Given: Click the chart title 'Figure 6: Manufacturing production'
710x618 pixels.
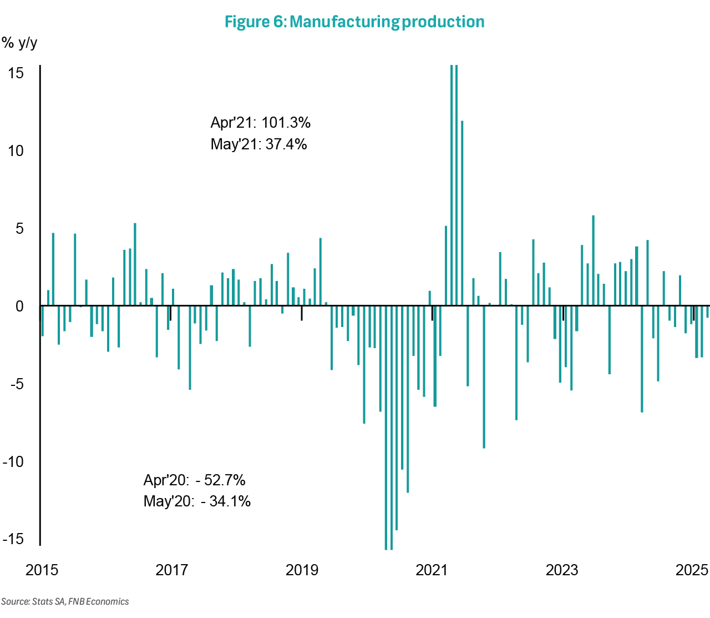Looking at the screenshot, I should tap(354, 22).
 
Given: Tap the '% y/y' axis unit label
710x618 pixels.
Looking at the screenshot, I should tap(19, 43).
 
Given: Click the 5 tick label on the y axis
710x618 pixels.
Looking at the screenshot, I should tap(19, 228).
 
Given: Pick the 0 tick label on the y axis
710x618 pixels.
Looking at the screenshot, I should tap(19, 306).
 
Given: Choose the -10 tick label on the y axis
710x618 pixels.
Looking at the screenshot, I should tap(13, 461).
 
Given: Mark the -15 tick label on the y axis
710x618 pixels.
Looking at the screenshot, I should tap(13, 539).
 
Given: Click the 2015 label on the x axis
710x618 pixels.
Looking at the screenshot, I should tap(42, 570).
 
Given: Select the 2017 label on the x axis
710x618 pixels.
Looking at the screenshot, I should tap(172, 570).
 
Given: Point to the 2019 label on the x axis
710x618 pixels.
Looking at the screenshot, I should tap(302, 570).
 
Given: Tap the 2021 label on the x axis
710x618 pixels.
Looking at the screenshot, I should tap(432, 570).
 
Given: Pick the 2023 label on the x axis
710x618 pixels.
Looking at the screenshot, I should tap(562, 570).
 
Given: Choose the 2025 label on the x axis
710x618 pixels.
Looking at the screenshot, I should tap(692, 570).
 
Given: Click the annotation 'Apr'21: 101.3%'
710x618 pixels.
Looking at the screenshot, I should tap(261, 123).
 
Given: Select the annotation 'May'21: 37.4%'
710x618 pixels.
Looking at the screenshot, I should tap(258, 144).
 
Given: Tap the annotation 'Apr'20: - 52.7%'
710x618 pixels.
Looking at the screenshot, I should tap(194, 480).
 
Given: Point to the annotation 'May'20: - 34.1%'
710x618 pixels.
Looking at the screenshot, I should tap(197, 501).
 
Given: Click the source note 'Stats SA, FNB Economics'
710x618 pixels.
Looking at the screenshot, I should tap(65, 601).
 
